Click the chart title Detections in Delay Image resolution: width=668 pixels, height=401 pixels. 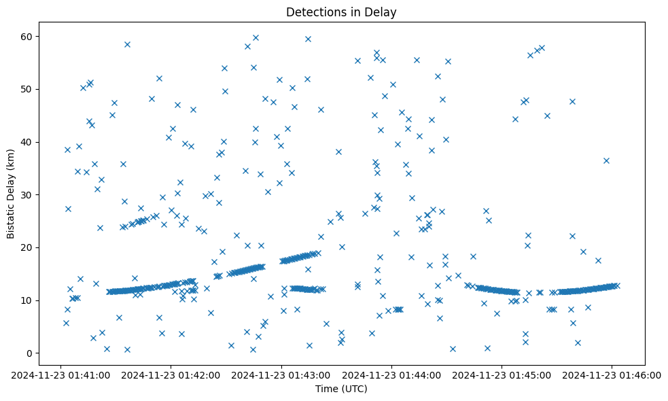pos(340,12)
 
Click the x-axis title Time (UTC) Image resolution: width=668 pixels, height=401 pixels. pos(340,389)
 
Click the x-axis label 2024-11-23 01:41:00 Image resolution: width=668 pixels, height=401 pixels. pos(61,374)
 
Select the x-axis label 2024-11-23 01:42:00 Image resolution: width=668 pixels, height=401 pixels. pos(171,374)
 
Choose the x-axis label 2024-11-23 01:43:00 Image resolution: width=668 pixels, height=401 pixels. pos(281,374)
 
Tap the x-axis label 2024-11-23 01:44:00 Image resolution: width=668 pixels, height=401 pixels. pos(392,374)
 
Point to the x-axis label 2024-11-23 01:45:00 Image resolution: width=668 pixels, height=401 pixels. pos(502,374)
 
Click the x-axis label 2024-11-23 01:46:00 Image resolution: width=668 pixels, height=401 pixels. pos(612,374)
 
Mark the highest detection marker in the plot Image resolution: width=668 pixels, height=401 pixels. pos(256,38)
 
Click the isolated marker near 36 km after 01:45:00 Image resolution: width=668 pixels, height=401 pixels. pos(606,160)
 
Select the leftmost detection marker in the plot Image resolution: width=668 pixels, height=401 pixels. pos(66,323)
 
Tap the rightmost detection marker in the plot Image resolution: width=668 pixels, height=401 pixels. pos(616,285)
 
